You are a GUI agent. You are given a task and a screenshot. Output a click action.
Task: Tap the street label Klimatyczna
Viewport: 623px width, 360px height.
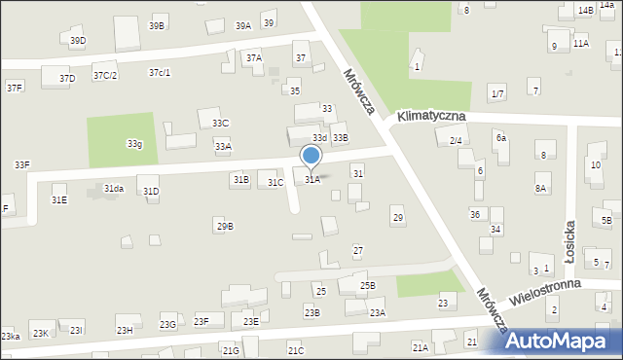coord(429,116)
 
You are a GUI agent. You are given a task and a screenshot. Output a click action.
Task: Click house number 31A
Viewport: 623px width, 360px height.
coord(311,180)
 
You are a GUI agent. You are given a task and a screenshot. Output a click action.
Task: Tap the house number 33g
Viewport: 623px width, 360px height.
coord(134,144)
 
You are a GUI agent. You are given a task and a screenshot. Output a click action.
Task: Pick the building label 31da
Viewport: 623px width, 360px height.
coord(114,189)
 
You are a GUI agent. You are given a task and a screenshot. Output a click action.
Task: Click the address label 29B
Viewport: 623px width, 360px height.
coord(225,227)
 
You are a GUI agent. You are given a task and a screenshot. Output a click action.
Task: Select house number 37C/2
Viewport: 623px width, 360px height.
coord(105,75)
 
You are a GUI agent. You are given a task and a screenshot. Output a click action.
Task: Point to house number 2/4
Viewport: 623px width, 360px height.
coord(456,141)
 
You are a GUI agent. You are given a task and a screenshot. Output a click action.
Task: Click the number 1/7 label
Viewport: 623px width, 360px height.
coord(497,93)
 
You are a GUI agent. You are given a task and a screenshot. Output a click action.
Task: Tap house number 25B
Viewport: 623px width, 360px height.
coord(367,285)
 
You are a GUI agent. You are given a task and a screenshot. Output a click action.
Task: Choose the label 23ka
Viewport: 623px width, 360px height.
coord(11,336)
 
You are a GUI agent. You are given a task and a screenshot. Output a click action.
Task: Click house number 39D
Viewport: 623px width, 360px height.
coord(78,40)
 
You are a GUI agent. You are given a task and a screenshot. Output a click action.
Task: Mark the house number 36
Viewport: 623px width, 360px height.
coord(475,214)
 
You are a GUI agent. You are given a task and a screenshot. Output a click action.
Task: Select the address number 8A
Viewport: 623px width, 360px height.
coord(540,189)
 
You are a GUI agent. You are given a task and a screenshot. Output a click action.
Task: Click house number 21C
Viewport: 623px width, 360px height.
coord(296,350)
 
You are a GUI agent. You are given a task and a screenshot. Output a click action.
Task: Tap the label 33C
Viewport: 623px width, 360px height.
coord(220,123)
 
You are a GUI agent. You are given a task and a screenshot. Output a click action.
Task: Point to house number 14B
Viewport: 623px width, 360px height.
coord(584,10)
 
